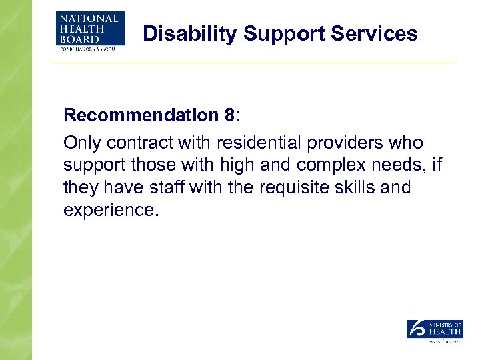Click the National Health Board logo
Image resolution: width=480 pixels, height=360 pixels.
[90, 31]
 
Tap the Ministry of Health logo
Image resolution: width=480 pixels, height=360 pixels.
[435, 331]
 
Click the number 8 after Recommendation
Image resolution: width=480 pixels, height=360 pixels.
[230, 115]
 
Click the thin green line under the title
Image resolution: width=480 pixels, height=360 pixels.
[253, 63]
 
